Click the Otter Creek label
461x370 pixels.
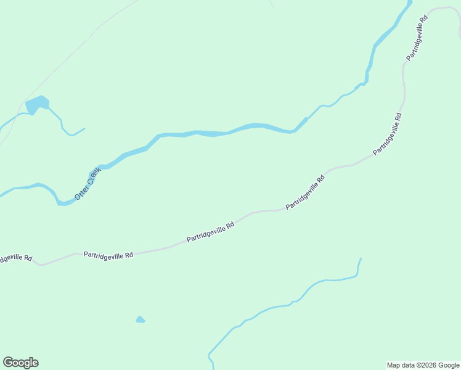click(87, 183)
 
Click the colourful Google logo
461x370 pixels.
click(20, 363)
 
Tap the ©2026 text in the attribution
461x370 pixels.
click(421, 365)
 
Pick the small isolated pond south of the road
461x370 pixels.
click(140, 319)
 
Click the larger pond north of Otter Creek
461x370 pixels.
click(37, 104)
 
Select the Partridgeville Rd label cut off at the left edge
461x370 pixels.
click(15, 257)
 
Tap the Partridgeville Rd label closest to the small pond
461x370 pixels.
click(108, 254)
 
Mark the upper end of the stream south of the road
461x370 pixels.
click(361, 258)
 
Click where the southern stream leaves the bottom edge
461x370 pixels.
click(213, 368)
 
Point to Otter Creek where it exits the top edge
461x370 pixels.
click(410, 2)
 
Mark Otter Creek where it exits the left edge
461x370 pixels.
click(2, 194)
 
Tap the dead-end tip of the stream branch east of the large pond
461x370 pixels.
click(84, 128)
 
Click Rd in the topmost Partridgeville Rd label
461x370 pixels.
click(423, 20)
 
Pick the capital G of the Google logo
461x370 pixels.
click(8, 362)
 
